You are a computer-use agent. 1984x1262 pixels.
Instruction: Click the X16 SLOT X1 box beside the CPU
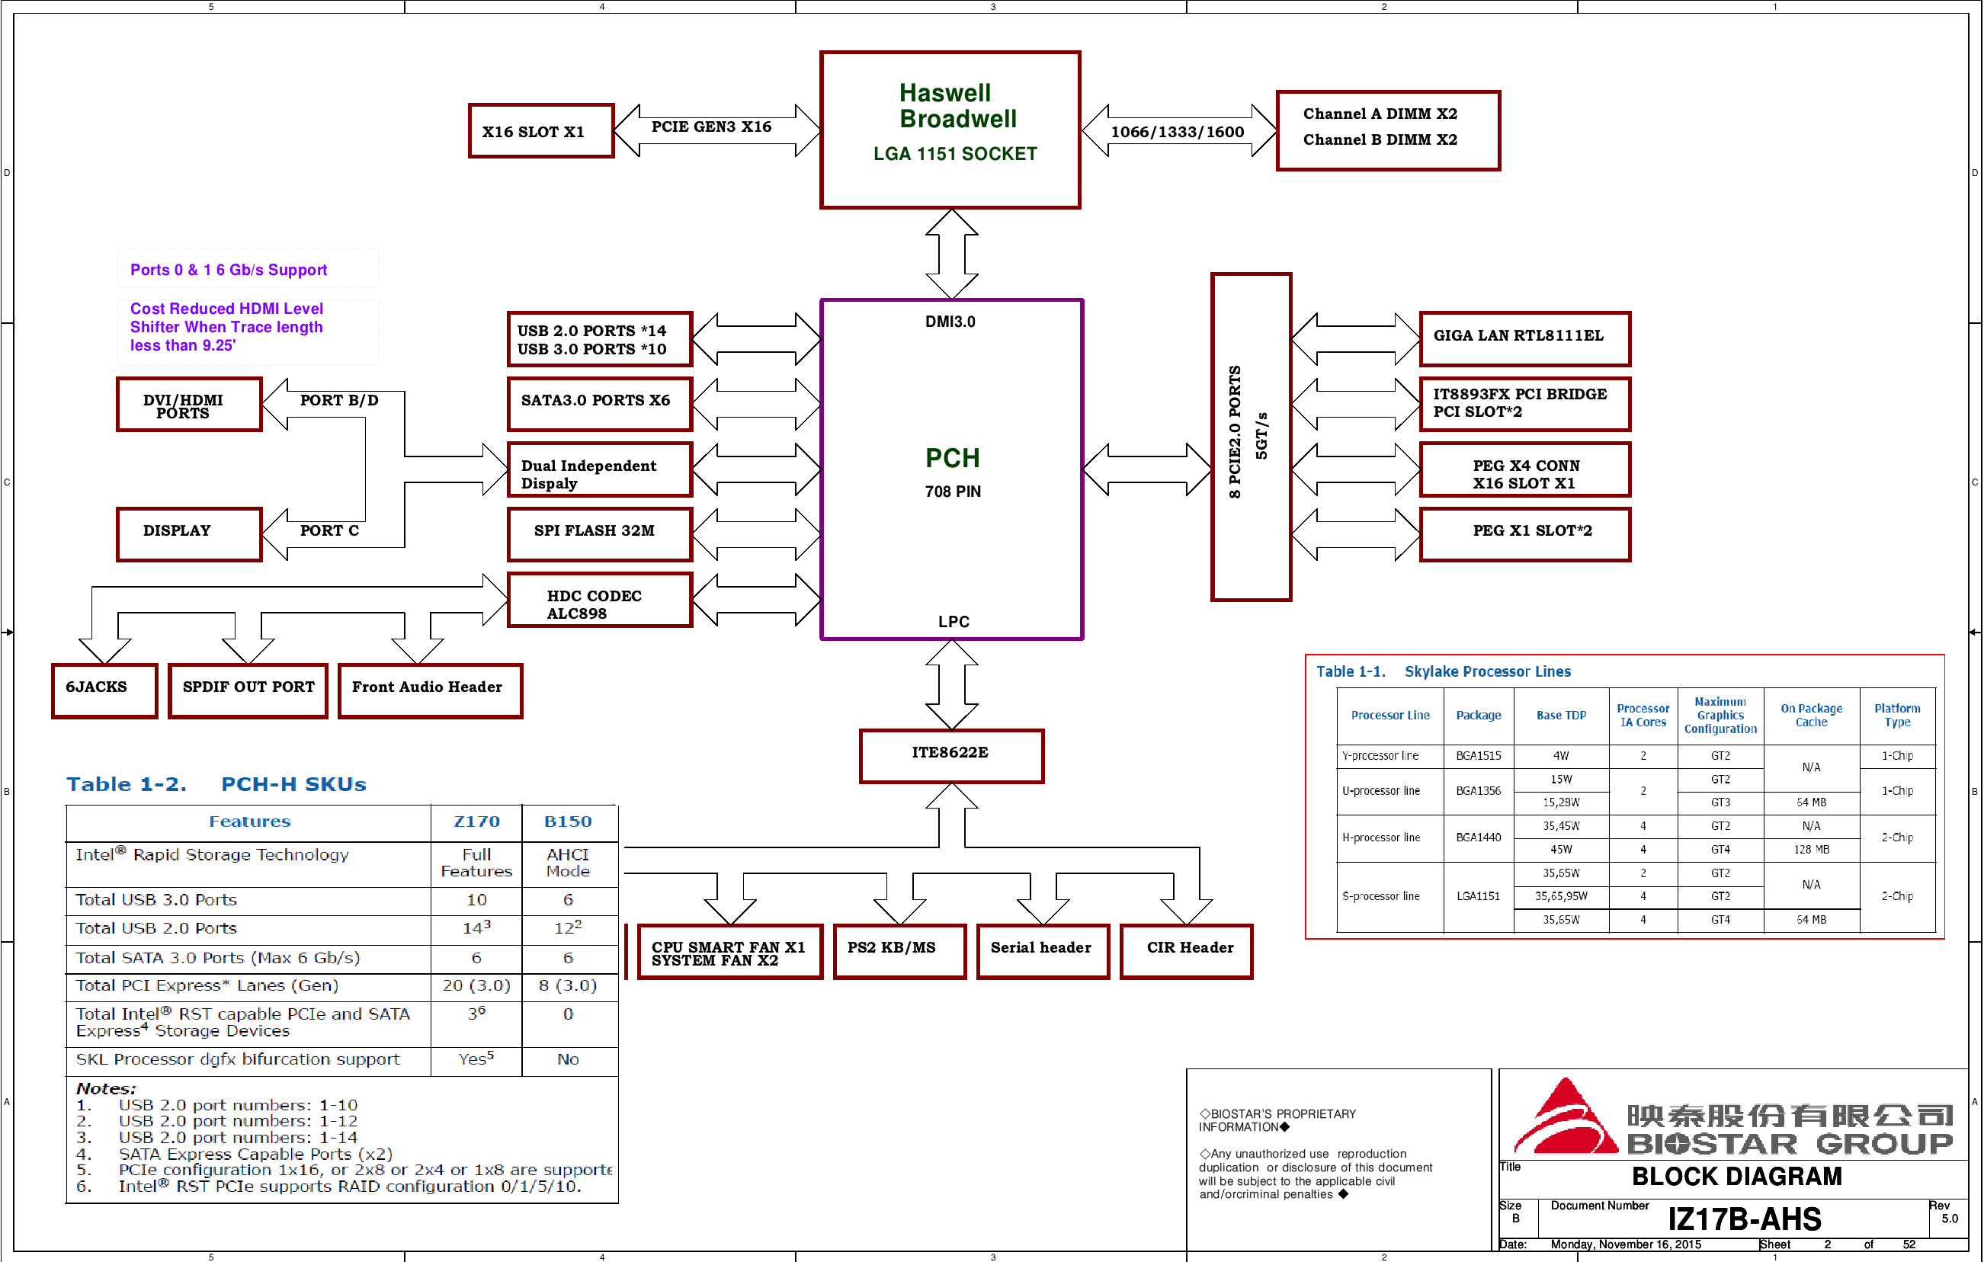[540, 131]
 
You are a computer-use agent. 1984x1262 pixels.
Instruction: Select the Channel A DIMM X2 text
[1380, 114]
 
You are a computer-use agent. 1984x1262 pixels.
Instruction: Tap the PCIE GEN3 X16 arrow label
[711, 127]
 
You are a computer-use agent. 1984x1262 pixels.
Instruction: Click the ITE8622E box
[950, 754]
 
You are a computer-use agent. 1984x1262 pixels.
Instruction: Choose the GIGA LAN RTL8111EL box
[1524, 338]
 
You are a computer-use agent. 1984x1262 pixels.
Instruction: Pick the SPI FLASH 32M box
[599, 533]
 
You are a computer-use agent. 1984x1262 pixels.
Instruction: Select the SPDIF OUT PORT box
[248, 690]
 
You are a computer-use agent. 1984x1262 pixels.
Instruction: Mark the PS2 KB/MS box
[898, 950]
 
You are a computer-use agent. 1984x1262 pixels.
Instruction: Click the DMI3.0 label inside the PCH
[950, 322]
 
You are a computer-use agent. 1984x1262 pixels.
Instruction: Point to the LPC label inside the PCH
[954, 622]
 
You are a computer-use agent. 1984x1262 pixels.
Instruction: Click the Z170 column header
[476, 822]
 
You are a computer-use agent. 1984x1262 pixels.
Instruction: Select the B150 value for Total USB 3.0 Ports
[568, 900]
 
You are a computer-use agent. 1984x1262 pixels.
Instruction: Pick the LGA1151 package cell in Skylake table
[1478, 896]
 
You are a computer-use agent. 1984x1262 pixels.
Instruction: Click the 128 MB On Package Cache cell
[1811, 849]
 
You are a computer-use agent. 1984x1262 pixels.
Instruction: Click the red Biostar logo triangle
[1565, 1120]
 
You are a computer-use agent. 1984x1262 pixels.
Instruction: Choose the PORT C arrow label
[329, 531]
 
